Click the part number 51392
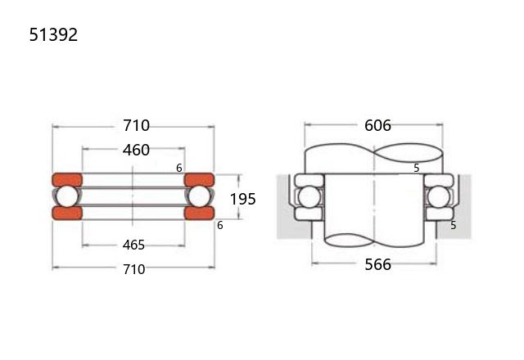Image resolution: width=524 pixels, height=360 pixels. coord(53,34)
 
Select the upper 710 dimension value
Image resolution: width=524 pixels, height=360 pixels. coord(137,125)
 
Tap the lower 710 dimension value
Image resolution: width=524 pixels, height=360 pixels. coord(134,269)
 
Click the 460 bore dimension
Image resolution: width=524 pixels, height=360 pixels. coord(136,150)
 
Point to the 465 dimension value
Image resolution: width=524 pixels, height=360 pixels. coord(133,245)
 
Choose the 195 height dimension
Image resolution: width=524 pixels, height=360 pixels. coord(243,199)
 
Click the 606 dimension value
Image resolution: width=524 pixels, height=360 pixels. coord(377,125)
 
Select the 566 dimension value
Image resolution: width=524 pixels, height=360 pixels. coord(377,264)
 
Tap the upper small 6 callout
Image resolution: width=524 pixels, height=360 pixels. coord(179,168)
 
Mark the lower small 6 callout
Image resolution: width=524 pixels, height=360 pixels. coord(220,226)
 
